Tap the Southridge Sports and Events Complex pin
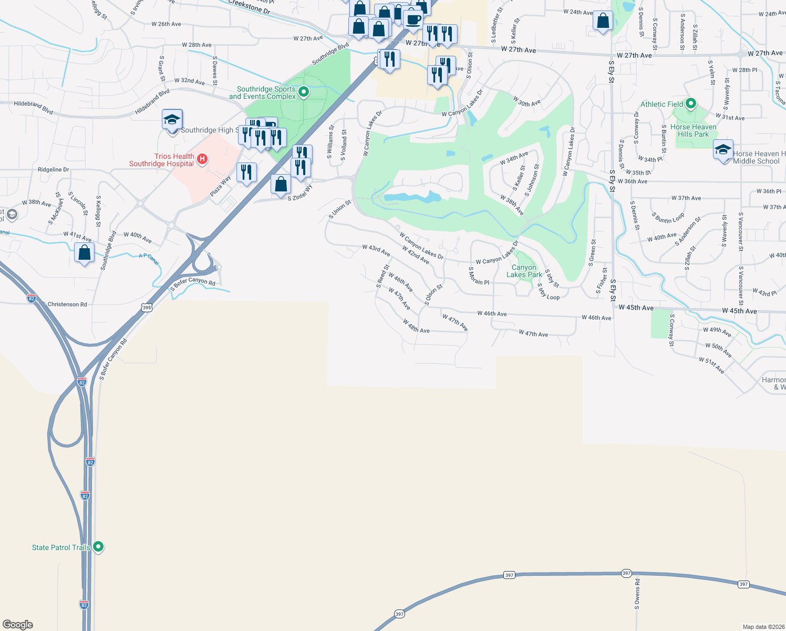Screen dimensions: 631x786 click(x=304, y=93)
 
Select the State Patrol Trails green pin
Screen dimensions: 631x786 click(x=98, y=547)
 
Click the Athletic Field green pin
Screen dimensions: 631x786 click(x=691, y=104)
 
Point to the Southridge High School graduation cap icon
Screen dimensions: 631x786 click(x=172, y=120)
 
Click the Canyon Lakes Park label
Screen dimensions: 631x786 click(x=524, y=271)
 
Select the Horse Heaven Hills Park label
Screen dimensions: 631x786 click(x=693, y=130)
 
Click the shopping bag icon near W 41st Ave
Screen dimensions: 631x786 click(x=85, y=253)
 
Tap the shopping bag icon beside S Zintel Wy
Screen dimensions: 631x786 click(x=281, y=184)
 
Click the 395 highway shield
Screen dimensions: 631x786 click(x=147, y=308)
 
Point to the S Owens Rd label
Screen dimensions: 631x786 click(x=637, y=594)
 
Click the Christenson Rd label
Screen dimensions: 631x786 click(x=67, y=304)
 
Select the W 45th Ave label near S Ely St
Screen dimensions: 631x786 click(x=636, y=308)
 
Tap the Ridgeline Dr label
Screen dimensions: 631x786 click(x=54, y=170)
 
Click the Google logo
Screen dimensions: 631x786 click(x=18, y=625)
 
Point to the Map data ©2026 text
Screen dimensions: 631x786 click(x=763, y=627)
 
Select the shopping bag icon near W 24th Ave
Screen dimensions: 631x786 click(x=603, y=21)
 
